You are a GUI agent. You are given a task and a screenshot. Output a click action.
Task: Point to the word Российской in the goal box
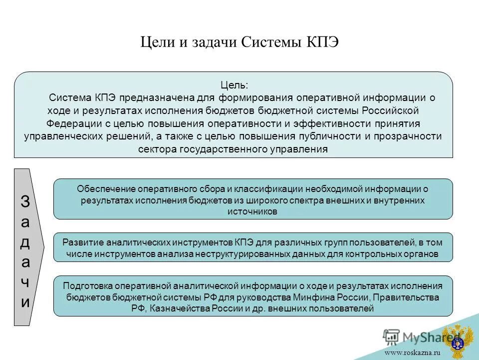click(390, 110)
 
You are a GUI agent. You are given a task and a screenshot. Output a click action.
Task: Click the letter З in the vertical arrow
click(25, 202)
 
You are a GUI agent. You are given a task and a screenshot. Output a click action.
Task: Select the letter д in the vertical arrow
click(25, 242)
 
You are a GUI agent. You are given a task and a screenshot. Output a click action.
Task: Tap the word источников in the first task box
click(252, 211)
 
